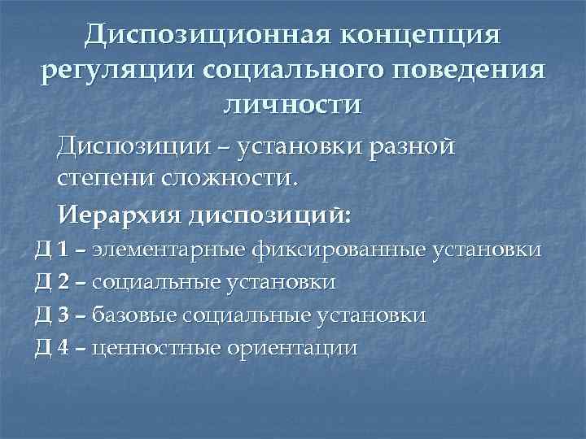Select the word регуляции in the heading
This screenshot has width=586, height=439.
(117, 71)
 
